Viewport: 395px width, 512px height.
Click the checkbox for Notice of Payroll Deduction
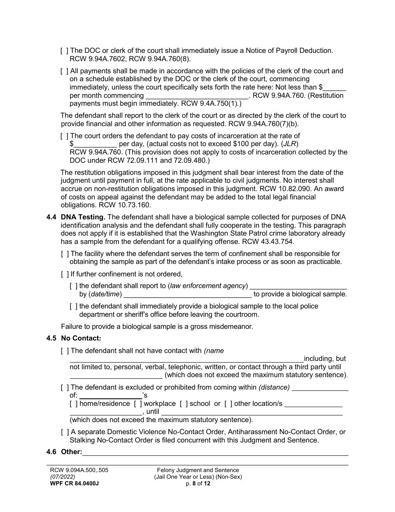[x=64, y=51]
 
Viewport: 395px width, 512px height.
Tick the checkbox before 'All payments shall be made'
[x=64, y=71]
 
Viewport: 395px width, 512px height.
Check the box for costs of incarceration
[x=64, y=136]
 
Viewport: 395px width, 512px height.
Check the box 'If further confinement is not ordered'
[x=64, y=274]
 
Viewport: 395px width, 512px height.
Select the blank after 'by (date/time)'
[x=188, y=294]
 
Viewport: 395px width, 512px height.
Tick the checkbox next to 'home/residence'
[x=74, y=404]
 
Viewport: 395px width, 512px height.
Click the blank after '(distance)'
[x=320, y=388]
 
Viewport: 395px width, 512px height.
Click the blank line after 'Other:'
[x=215, y=452]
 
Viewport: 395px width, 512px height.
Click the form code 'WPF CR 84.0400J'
[x=74, y=483]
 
